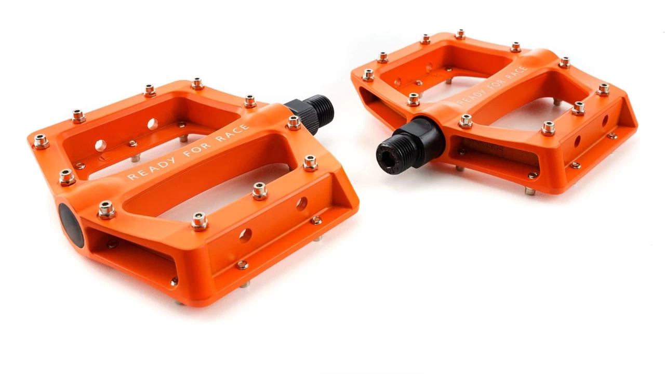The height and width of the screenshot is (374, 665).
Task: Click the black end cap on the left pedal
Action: [72, 225]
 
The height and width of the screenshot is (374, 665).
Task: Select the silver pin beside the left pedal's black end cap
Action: [107, 210]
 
